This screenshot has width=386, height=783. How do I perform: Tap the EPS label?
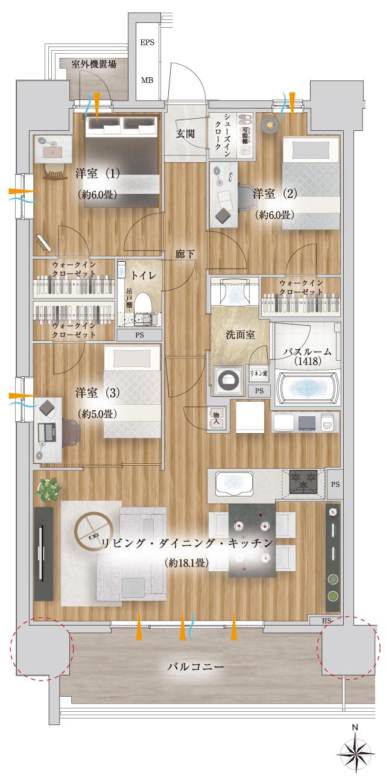tap(147, 42)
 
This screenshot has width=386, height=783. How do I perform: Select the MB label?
tap(147, 80)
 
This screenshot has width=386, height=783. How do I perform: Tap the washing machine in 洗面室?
tap(229, 381)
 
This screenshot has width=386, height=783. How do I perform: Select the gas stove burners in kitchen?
tap(304, 483)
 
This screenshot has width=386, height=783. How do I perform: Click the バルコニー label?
tap(195, 667)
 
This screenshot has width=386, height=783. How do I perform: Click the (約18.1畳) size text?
tap(186, 563)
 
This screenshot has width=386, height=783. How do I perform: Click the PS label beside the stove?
tap(335, 484)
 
